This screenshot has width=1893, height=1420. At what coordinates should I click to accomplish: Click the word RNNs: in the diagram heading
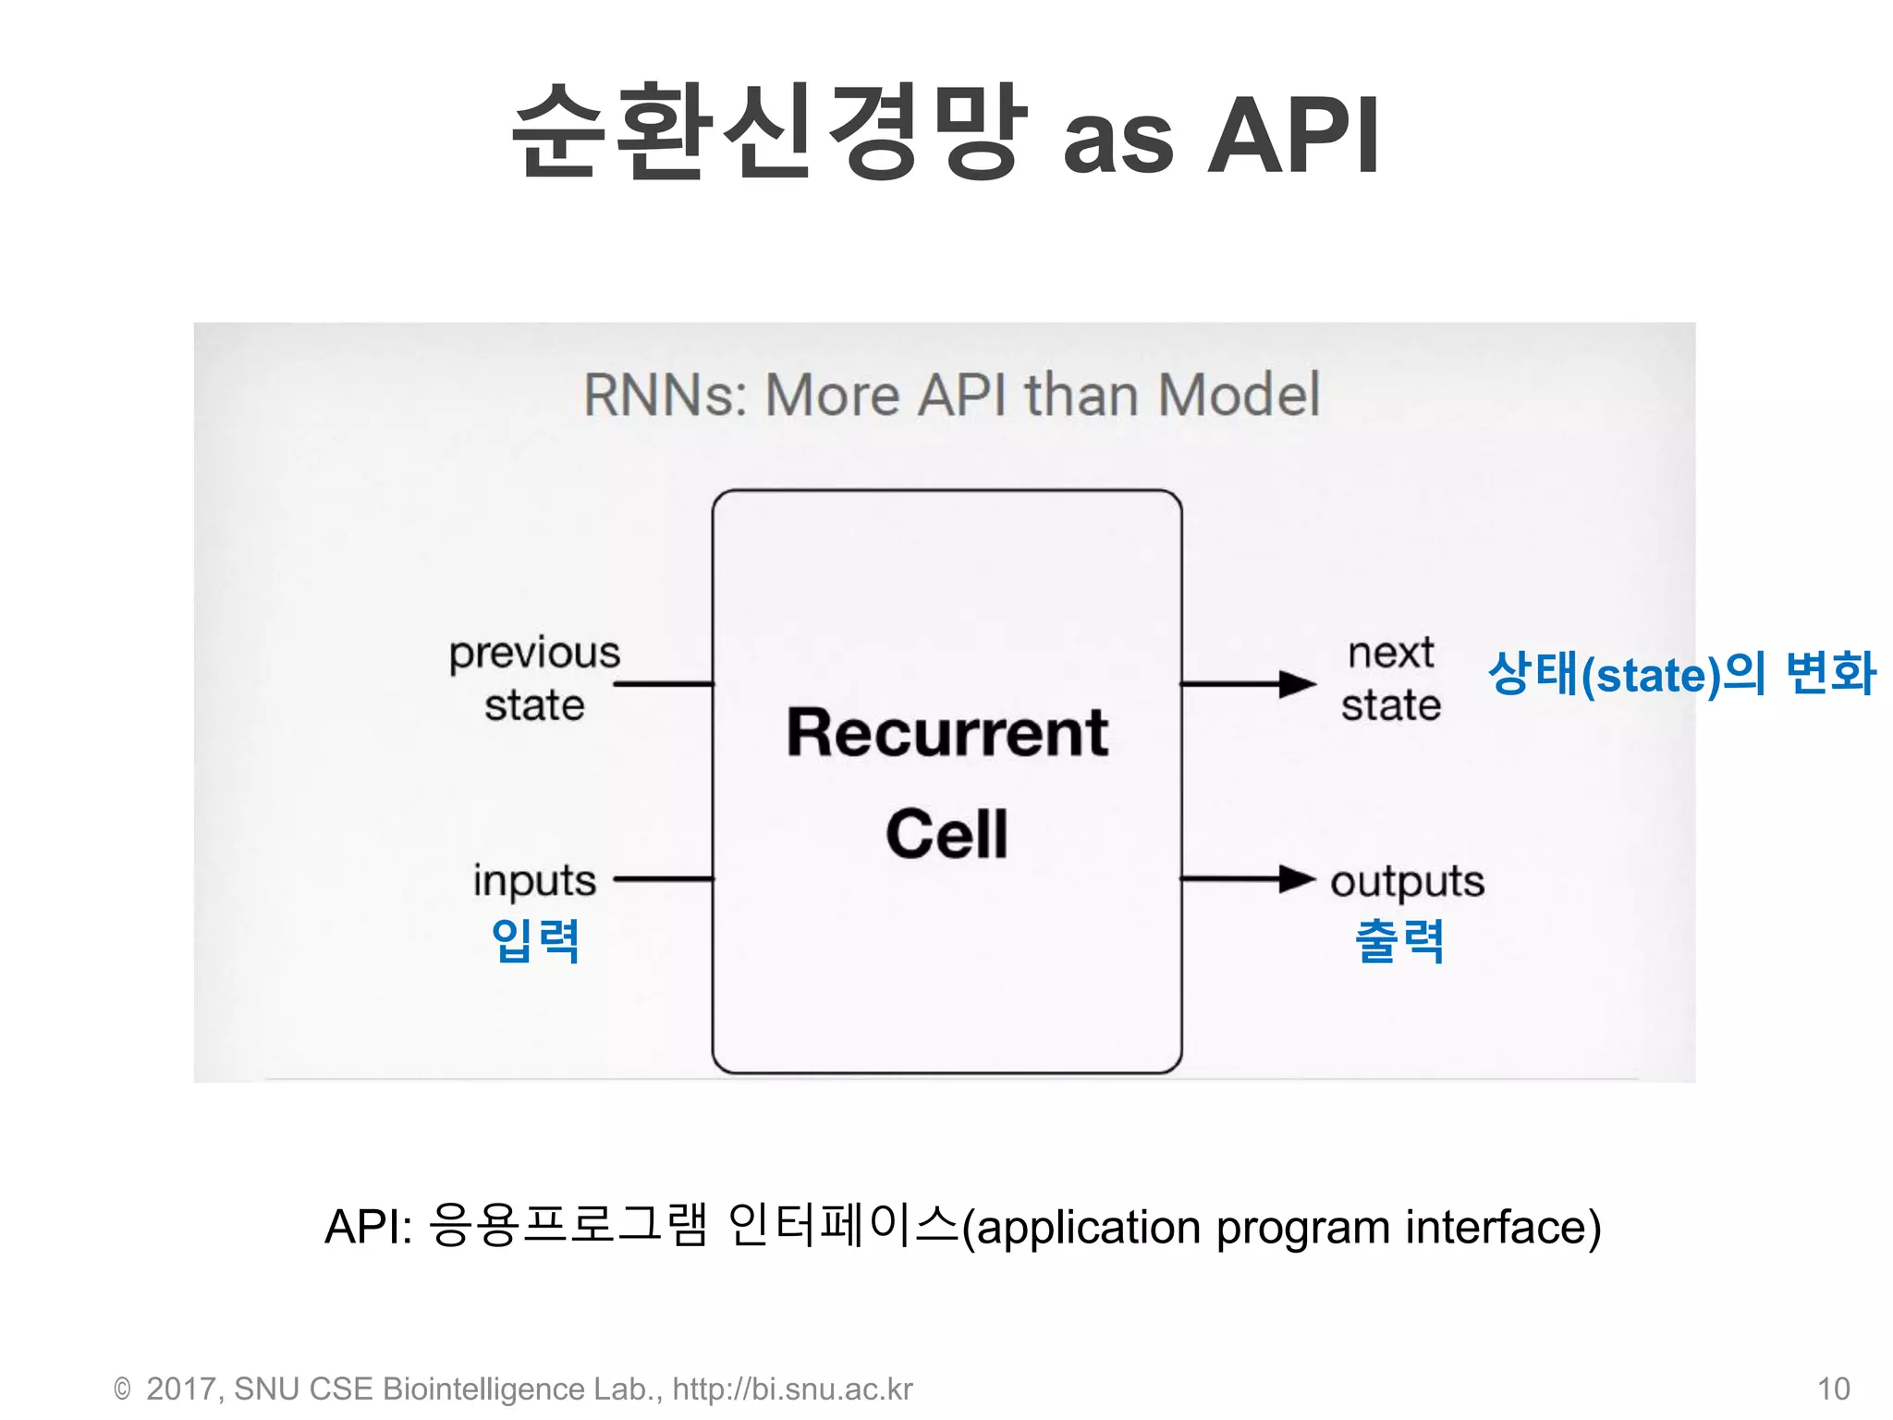coord(665,396)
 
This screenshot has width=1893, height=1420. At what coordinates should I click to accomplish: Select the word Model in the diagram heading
coord(1239,396)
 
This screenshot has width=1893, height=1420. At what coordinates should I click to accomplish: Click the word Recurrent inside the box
coord(946,733)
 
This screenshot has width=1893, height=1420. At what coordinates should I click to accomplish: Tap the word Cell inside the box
coord(946,834)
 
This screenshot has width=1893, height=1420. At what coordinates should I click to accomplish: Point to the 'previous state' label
coord(534,679)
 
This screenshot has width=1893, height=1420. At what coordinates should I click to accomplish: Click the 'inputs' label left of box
coord(534,880)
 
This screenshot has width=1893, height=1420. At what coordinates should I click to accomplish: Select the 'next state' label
coord(1391,679)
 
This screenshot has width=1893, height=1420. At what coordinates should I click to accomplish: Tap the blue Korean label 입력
coord(535,941)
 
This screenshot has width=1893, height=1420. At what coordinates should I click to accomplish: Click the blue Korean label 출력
coord(1398,941)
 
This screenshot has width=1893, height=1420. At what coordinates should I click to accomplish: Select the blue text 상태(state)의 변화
coord(1680,673)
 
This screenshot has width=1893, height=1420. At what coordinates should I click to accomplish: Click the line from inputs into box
coord(664,879)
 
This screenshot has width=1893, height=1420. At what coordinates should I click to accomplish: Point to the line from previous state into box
coord(664,684)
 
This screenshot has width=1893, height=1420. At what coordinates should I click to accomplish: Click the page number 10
coord(1833,1389)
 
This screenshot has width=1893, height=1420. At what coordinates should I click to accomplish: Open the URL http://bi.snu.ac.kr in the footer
coord(792,1389)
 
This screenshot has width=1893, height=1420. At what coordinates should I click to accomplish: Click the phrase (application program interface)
coord(1281,1228)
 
